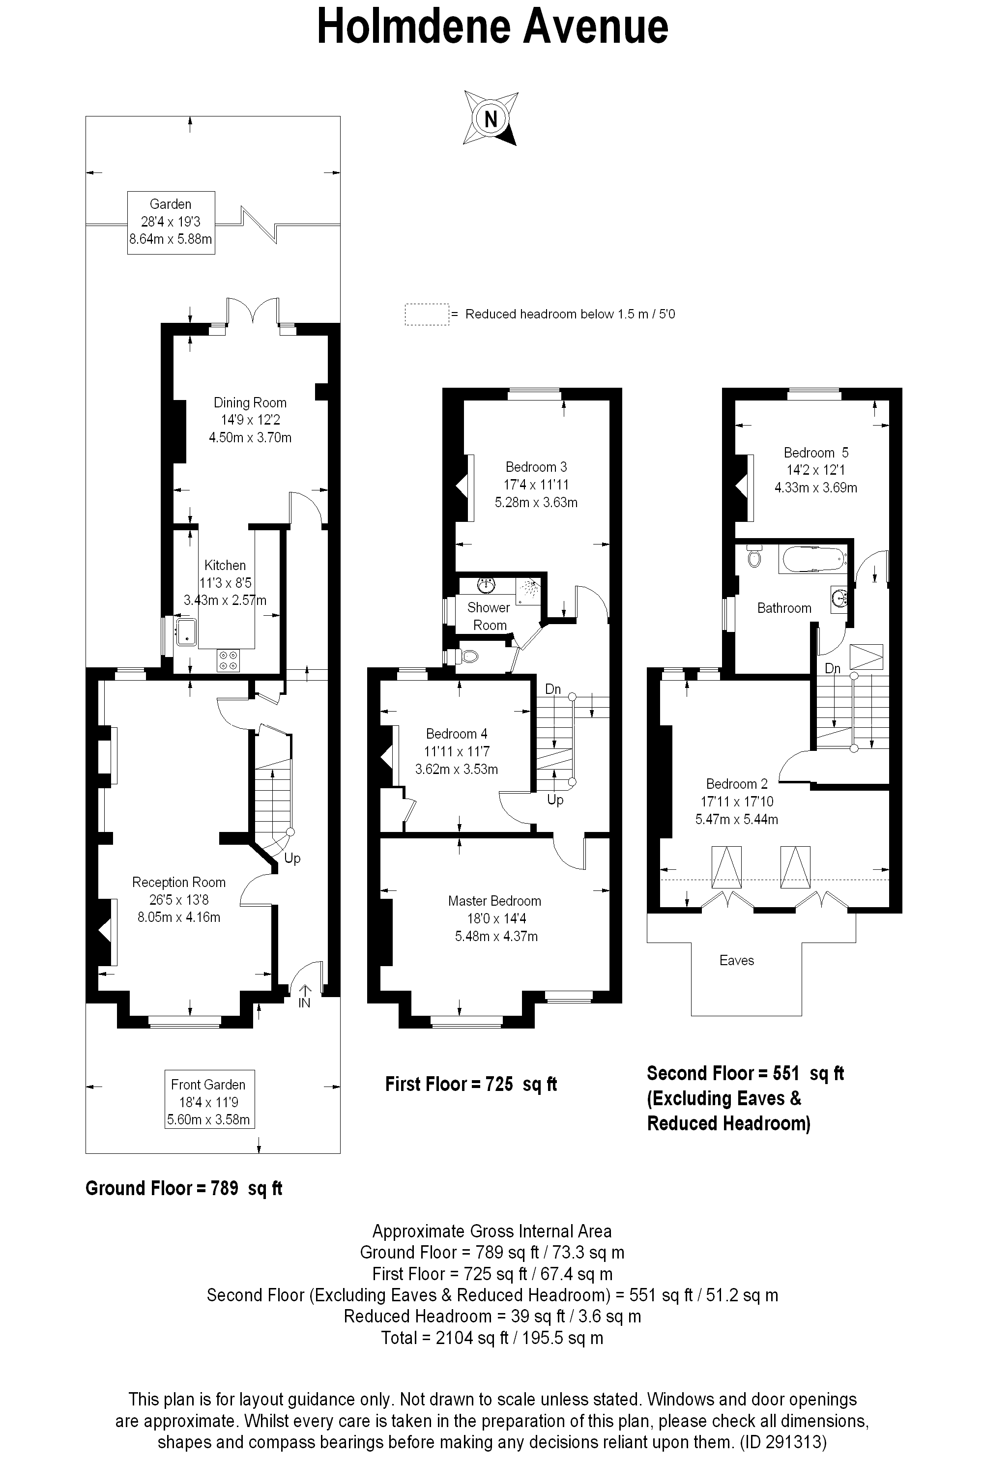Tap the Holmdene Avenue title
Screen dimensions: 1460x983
tap(492, 28)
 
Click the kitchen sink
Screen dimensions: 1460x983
tap(187, 632)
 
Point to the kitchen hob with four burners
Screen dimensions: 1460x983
tap(228, 660)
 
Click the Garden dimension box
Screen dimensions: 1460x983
tap(171, 222)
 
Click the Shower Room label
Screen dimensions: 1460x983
tap(489, 616)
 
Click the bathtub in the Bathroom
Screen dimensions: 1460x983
tap(812, 559)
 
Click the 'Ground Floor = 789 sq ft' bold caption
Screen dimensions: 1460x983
tap(184, 1189)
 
